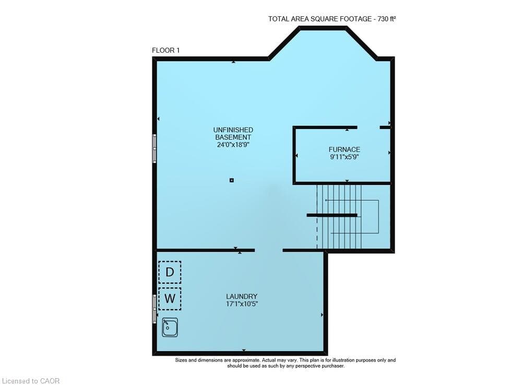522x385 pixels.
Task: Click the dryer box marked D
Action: tap(170, 272)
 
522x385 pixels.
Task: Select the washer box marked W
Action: tap(170, 298)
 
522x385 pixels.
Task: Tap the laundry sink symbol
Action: tap(170, 328)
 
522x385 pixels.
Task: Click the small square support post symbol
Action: tap(232, 180)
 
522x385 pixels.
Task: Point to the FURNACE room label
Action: tap(344, 149)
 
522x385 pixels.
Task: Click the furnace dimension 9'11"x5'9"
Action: tap(344, 157)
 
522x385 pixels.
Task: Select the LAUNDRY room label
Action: tap(242, 296)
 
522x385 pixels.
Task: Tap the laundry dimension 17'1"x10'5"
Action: tap(242, 304)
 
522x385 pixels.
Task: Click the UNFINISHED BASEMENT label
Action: tap(233, 134)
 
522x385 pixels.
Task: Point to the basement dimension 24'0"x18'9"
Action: tap(233, 145)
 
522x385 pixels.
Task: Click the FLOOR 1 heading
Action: tap(166, 50)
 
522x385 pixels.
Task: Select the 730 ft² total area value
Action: tap(386, 19)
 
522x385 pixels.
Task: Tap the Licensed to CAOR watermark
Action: tap(31, 381)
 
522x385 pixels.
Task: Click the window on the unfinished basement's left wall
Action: tap(155, 148)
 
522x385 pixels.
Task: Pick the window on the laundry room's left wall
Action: tap(155, 309)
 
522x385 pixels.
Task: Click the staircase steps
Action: tap(339, 217)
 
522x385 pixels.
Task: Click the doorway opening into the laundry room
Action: tap(269, 250)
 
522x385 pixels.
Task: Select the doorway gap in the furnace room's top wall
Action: tap(369, 127)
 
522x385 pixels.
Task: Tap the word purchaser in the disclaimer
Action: tap(332, 366)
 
